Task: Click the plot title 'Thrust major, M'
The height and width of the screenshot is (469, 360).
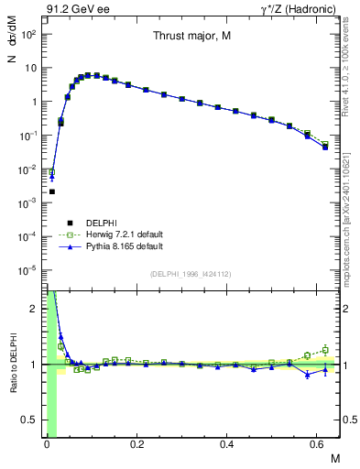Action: (x=191, y=36)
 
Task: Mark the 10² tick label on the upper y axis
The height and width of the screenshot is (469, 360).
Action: (x=29, y=34)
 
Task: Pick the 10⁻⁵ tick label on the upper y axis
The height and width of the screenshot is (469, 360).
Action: (x=29, y=270)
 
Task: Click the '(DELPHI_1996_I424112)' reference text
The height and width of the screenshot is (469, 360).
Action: (x=190, y=273)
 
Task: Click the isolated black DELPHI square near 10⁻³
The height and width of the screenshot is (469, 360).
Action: (x=52, y=191)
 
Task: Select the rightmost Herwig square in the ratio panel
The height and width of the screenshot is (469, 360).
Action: (x=325, y=349)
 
